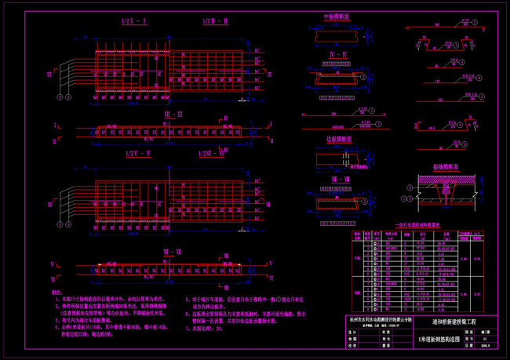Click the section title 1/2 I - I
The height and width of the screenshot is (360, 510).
click(x=125, y=21)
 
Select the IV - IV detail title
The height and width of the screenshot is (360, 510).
click(x=338, y=54)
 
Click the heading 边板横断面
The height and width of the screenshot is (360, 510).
click(x=338, y=137)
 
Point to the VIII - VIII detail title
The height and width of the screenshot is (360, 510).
click(x=338, y=180)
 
